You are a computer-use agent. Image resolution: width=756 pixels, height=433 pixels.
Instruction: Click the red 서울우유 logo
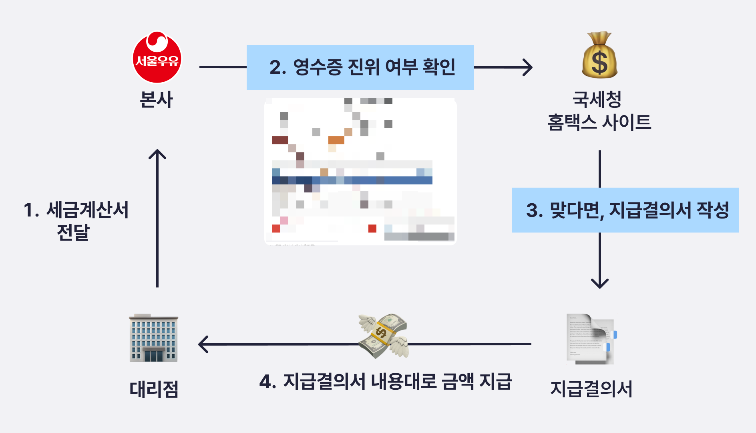tap(157, 57)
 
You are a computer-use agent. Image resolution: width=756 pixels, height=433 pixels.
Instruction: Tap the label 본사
tap(156, 99)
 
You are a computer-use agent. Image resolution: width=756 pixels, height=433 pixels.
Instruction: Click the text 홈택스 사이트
tap(599, 122)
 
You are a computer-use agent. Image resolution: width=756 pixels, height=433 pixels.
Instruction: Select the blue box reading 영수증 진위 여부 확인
tap(360, 67)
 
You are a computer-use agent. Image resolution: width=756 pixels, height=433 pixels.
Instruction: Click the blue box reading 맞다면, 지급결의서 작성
tap(625, 210)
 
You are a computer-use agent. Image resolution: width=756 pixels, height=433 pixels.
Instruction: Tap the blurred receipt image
tap(360, 171)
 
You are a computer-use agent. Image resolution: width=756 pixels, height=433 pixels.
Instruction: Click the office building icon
tap(153, 338)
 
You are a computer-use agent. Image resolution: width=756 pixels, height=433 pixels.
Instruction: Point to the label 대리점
tap(154, 389)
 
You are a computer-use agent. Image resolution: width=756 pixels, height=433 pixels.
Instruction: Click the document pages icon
tap(591, 339)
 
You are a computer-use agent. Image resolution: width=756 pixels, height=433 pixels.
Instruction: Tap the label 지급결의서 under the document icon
tap(591, 389)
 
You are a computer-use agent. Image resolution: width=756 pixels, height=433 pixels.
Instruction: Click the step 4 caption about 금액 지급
tap(385, 381)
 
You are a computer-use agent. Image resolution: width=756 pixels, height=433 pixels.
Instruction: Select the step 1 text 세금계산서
tap(87, 210)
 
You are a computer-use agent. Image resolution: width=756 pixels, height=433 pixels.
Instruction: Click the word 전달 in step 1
tap(73, 232)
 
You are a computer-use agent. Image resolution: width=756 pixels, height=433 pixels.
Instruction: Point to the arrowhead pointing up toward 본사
tap(157, 155)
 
